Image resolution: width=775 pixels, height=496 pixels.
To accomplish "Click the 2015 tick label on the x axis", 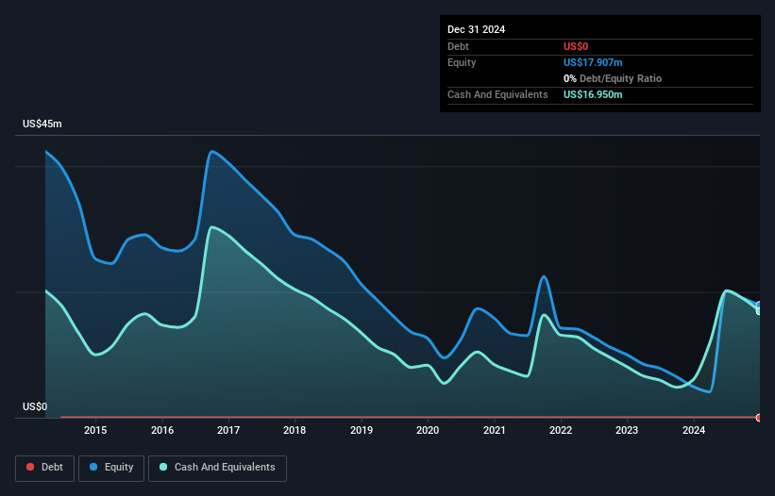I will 95,431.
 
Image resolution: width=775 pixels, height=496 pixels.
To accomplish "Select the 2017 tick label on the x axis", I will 228,431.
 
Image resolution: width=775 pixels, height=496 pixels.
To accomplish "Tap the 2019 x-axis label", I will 362,431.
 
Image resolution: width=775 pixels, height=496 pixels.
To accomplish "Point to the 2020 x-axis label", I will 429,431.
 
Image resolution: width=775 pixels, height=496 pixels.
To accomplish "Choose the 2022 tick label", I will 562,431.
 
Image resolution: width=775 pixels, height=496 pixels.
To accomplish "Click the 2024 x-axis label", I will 694,431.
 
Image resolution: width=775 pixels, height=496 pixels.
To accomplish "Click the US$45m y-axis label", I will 42,124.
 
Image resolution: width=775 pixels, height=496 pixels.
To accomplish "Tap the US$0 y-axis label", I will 34,407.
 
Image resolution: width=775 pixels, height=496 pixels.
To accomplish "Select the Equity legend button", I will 111,467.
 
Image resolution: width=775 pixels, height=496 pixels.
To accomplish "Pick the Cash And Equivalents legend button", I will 217,467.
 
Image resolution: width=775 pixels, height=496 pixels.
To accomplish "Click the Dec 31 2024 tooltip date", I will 476,29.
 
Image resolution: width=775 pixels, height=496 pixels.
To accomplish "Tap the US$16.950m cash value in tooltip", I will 593,94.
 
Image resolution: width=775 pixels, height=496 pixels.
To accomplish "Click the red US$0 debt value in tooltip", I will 577,46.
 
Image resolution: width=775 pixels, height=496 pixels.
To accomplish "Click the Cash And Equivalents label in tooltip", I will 497,94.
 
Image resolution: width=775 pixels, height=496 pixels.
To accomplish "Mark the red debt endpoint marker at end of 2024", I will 759,417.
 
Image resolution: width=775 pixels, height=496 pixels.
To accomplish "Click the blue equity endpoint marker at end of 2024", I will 759,306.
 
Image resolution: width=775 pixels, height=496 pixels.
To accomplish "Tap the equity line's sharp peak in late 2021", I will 544,276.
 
